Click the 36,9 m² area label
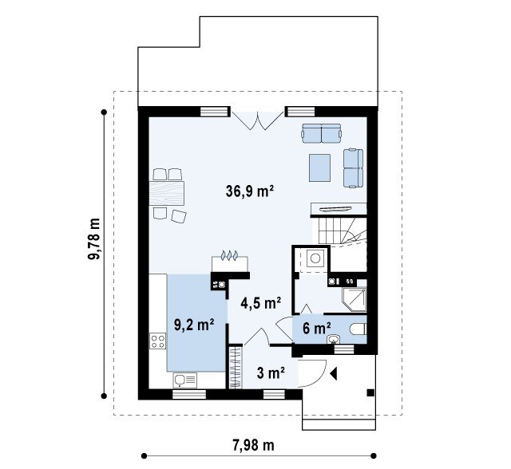click(249, 191)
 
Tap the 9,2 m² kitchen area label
click(194, 325)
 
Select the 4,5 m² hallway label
click(261, 303)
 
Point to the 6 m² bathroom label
click(317, 328)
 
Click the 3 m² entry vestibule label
click(271, 373)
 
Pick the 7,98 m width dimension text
click(254, 445)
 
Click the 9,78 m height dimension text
click(94, 238)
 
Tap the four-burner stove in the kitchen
click(158, 341)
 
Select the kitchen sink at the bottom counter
click(185, 380)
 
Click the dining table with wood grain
click(167, 193)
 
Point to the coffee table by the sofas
click(319, 168)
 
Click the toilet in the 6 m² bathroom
click(358, 329)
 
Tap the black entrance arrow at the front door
click(333, 373)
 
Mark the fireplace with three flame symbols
click(230, 260)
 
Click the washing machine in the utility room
click(315, 258)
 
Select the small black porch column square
click(370, 393)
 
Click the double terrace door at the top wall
click(257, 120)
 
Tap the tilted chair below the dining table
click(179, 216)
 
